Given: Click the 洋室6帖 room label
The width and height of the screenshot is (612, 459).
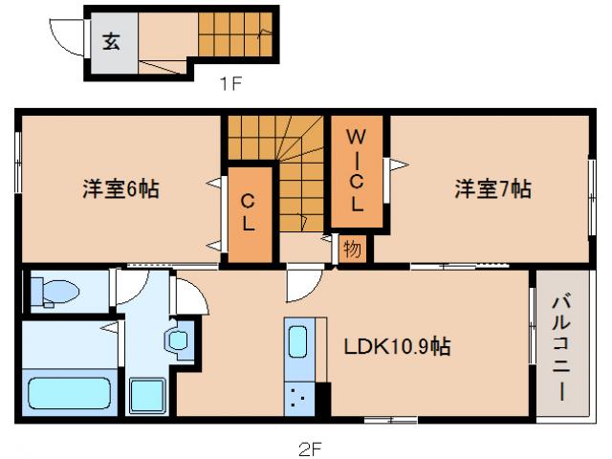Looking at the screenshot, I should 120,189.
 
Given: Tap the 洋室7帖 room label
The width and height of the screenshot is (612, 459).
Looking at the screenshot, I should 492,189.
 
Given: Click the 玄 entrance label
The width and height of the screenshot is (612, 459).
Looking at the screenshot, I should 112,42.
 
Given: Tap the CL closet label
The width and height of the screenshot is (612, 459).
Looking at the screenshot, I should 247,213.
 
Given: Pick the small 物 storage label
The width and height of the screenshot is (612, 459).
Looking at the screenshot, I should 351,250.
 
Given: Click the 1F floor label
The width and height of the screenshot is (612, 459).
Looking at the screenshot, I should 230,83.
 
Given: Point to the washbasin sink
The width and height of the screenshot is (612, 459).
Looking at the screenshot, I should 178,340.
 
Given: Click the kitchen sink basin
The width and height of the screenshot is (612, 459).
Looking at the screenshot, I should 297,342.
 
